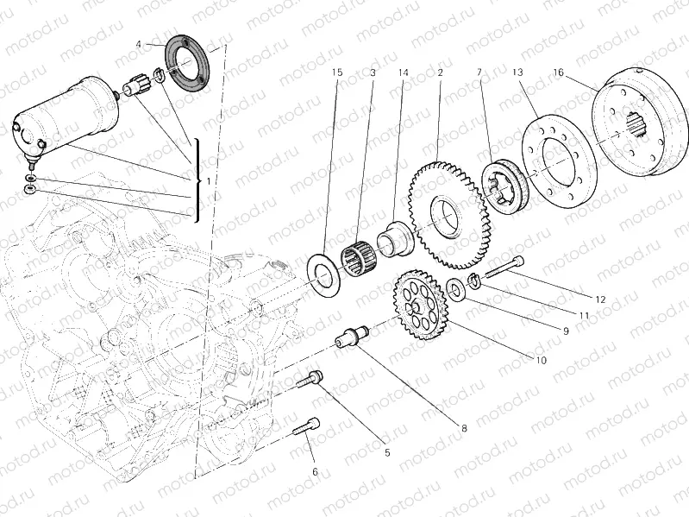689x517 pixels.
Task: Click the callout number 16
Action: coord(559,73)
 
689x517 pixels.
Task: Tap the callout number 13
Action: coord(517,73)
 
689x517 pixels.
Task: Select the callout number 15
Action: coord(337,73)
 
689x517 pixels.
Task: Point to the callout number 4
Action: coord(139,43)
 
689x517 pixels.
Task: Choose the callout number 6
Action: coord(315,472)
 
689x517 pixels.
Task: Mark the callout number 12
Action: coord(600,299)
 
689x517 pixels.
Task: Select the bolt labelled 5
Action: coord(312,380)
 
